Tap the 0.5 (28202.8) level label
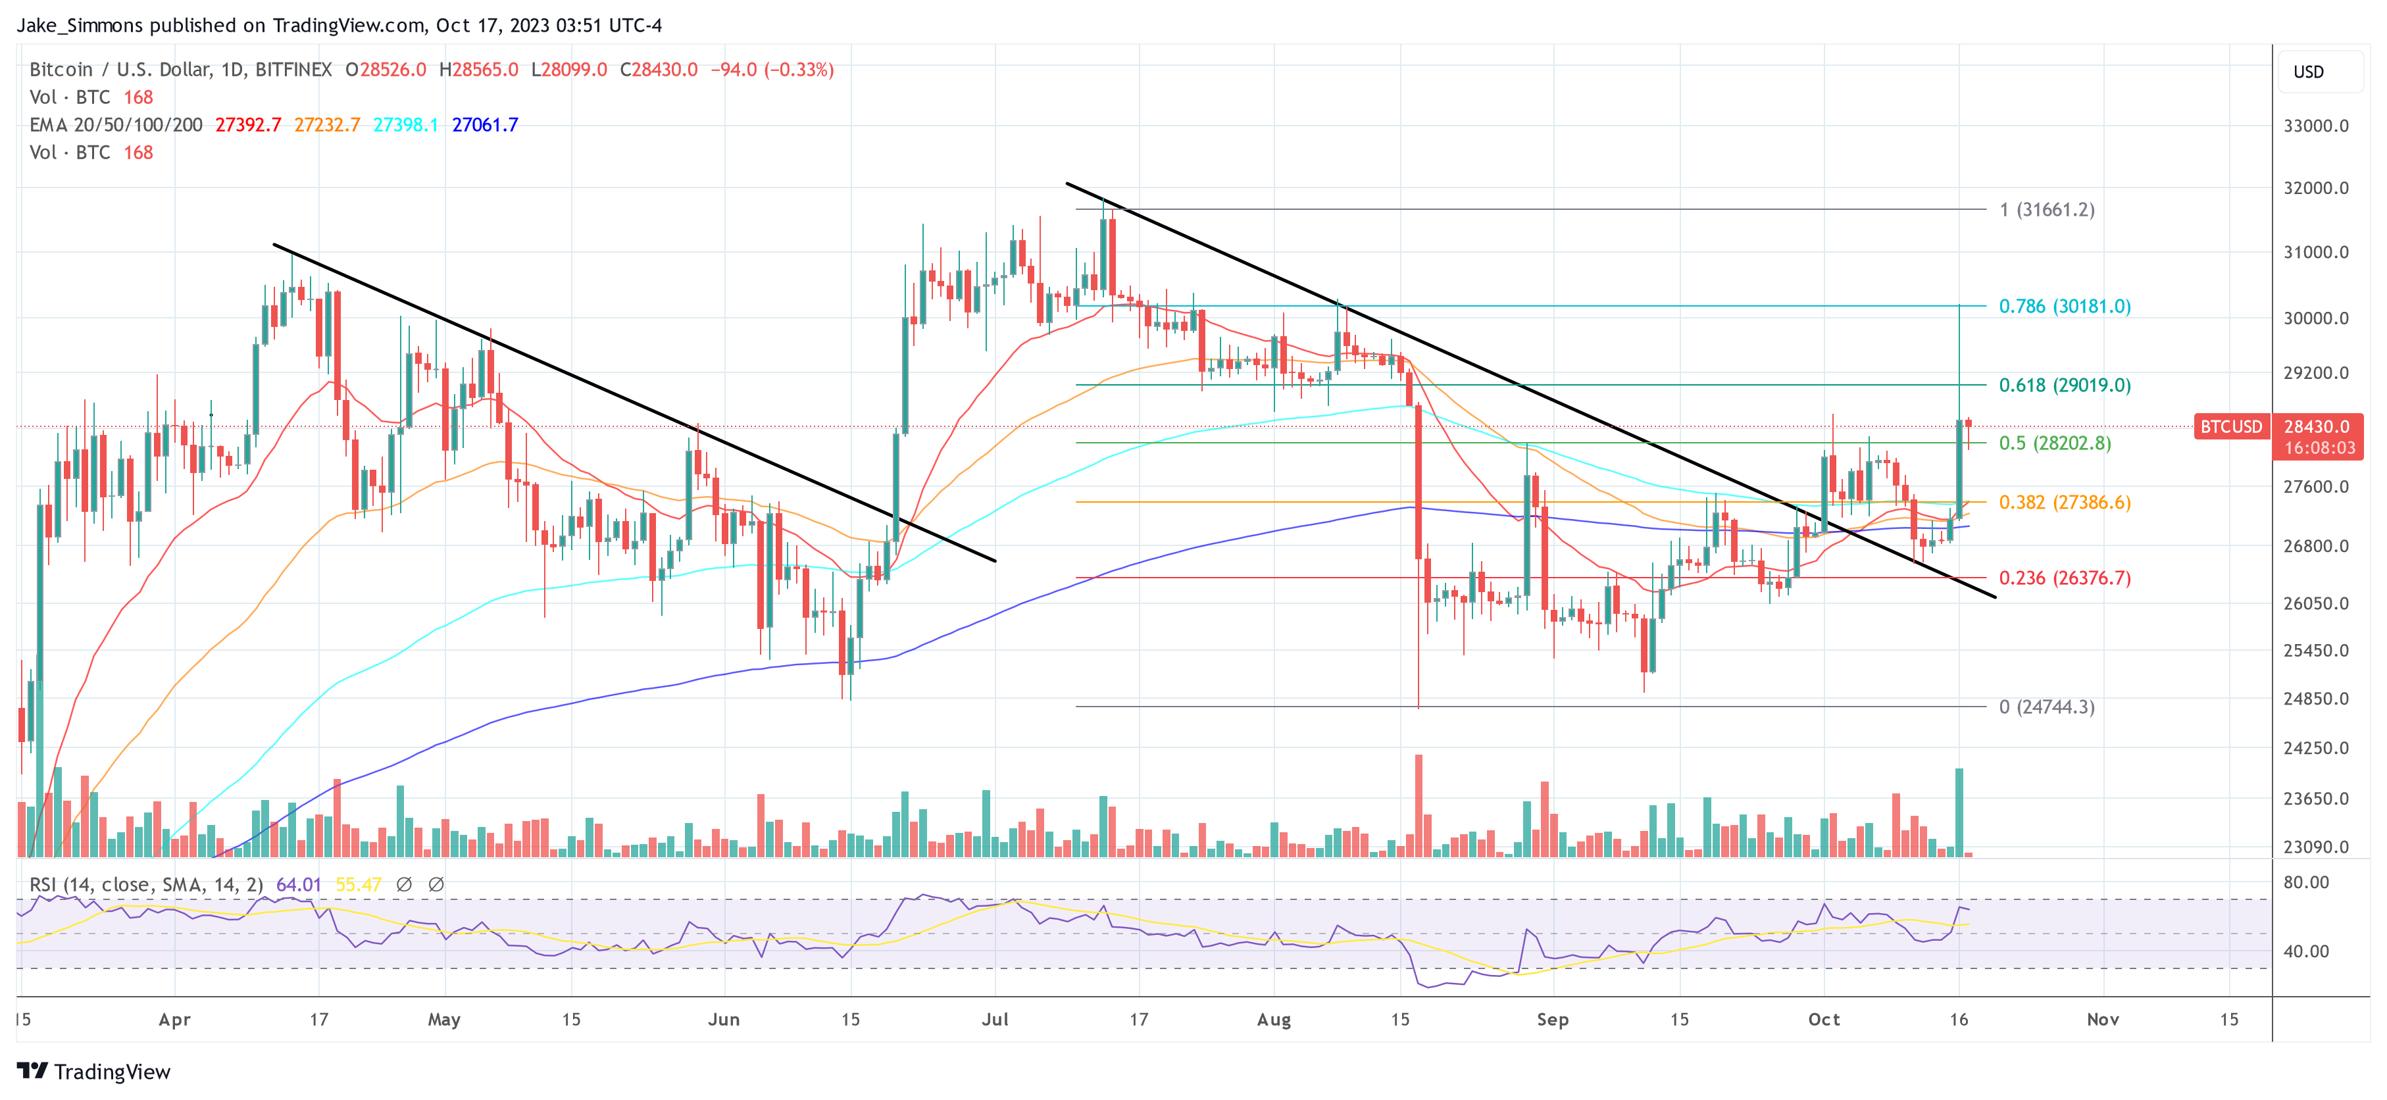coord(2054,443)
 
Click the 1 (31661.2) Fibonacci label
coord(2046,209)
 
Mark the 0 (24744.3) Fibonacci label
coord(2046,707)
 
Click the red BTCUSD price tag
coord(2231,426)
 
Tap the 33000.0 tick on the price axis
coord(2316,126)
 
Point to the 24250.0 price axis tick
coord(2316,748)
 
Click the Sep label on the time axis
coord(1552,1019)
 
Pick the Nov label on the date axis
coord(2103,1019)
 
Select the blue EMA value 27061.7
coord(485,124)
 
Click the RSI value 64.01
coord(299,885)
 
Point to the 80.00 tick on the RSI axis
coord(2305,882)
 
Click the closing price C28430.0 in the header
coord(658,70)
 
